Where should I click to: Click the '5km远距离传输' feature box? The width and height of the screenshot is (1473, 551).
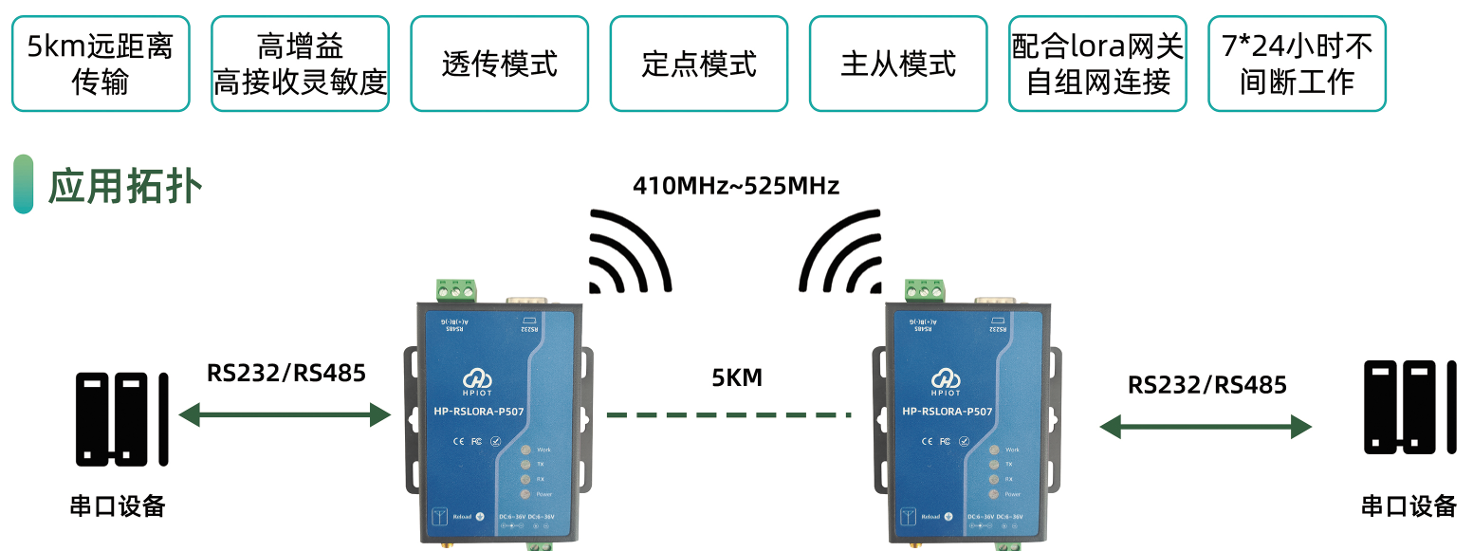(x=101, y=64)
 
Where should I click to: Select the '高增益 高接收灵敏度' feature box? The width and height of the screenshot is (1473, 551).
(x=300, y=64)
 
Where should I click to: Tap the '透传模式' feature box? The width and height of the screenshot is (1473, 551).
(x=499, y=64)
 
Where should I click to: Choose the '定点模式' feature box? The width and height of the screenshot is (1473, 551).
(x=699, y=64)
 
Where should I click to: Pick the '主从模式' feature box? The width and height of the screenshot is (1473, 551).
(x=898, y=64)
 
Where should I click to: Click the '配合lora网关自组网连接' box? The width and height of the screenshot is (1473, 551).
(x=1097, y=64)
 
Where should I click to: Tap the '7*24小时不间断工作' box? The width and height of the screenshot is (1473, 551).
(x=1297, y=64)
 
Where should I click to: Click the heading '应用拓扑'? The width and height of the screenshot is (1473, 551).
(x=124, y=185)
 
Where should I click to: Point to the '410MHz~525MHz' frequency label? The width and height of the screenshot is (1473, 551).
(x=736, y=186)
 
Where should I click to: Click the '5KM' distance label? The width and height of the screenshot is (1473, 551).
(x=737, y=378)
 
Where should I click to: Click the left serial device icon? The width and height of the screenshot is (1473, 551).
(x=122, y=418)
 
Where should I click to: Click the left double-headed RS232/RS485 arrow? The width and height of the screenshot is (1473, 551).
(x=285, y=413)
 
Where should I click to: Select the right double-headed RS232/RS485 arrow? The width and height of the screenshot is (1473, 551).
(x=1206, y=427)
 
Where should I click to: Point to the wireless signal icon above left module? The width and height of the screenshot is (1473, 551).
(x=629, y=251)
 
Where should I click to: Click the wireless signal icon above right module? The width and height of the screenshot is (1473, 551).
(x=841, y=251)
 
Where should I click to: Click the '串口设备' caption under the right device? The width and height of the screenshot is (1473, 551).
(x=1409, y=505)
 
